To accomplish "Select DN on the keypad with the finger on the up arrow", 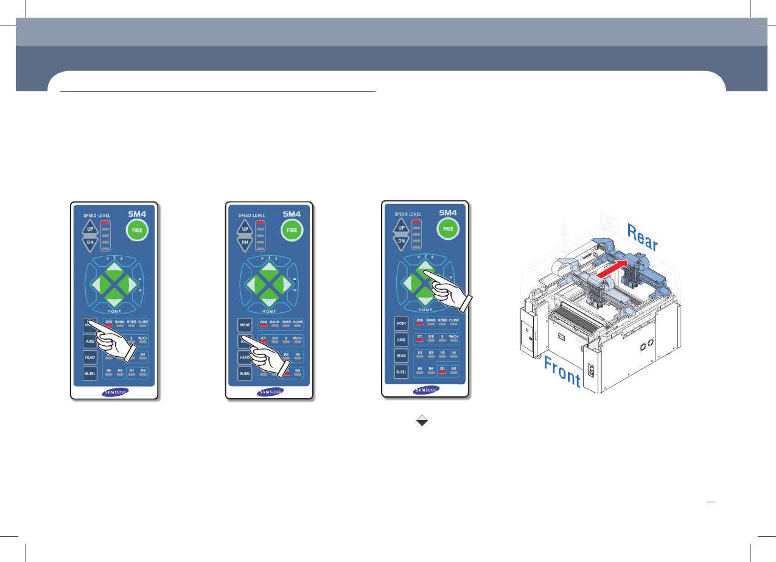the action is pyautogui.click(x=402, y=241).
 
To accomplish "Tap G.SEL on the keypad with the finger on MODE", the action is pyautogui.click(x=90, y=373).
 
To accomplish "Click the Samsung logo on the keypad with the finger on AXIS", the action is pyautogui.click(x=270, y=392).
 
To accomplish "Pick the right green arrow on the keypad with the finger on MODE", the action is pyautogui.click(x=130, y=283).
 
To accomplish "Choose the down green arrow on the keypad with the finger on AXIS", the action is pyautogui.click(x=269, y=297).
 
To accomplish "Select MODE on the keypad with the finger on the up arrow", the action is pyautogui.click(x=401, y=322).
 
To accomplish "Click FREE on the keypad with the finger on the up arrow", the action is pyautogui.click(x=447, y=229).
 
